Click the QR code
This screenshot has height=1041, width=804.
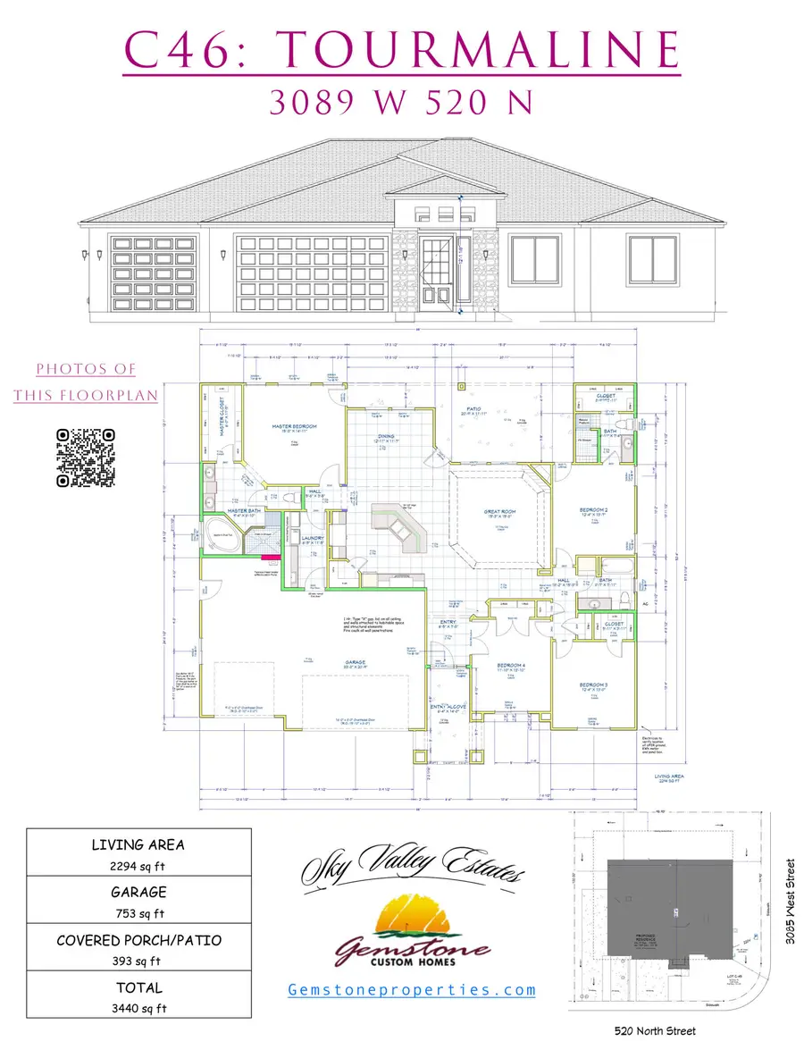86,458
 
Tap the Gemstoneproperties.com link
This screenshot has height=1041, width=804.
412,989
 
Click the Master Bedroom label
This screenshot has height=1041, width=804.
295,427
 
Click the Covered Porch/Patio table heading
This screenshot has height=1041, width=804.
139,940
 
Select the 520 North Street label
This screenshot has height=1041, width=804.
656,1030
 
